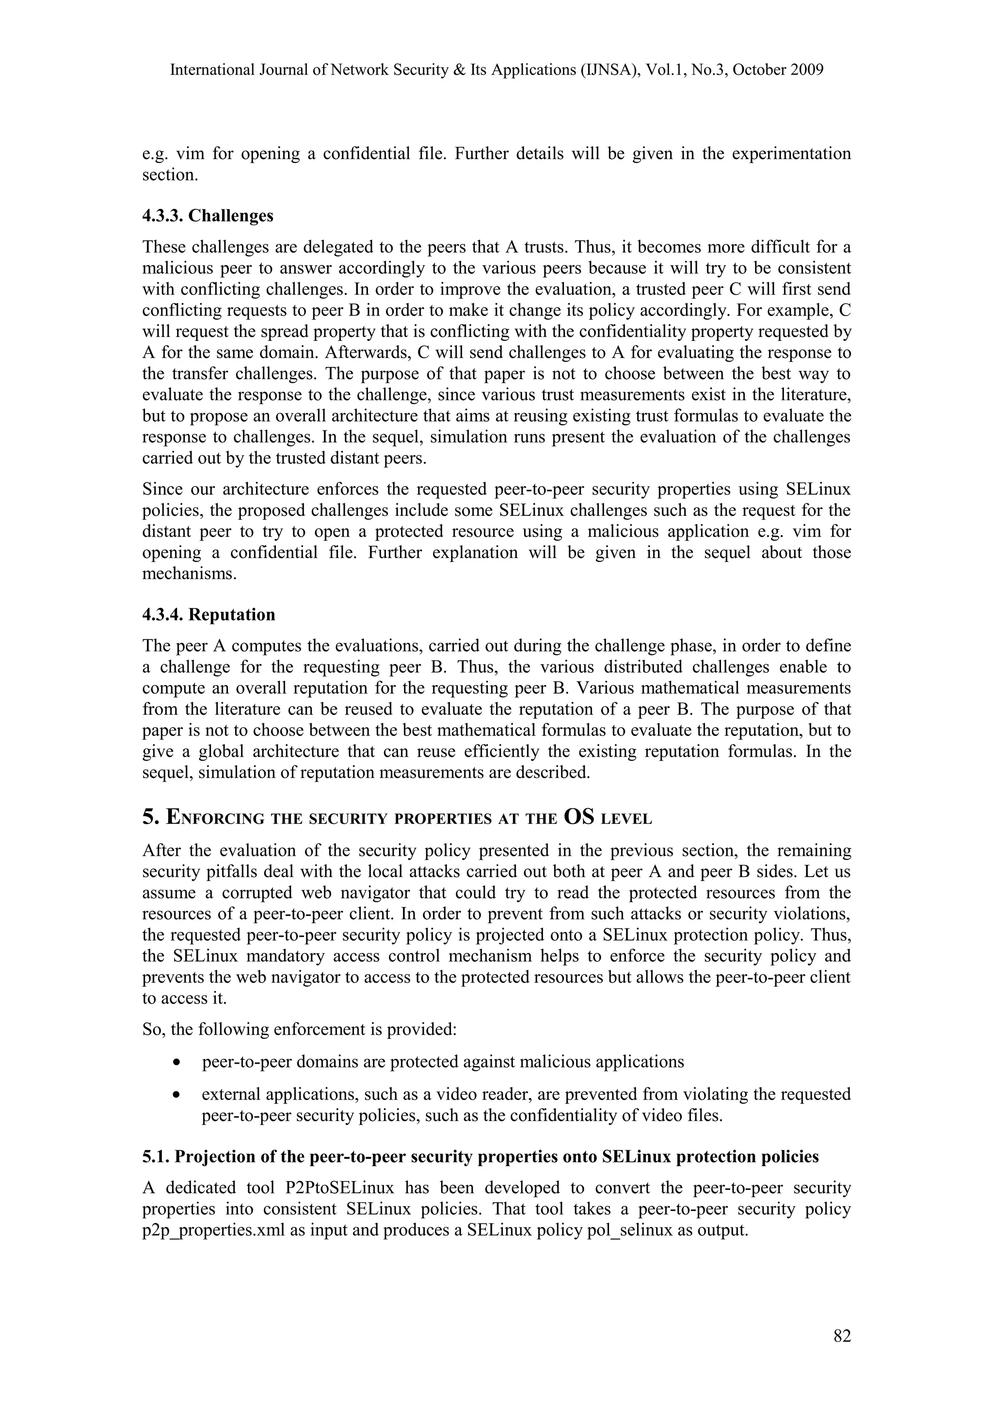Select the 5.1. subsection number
[156, 1157]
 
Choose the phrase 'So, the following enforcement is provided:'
[299, 1029]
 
